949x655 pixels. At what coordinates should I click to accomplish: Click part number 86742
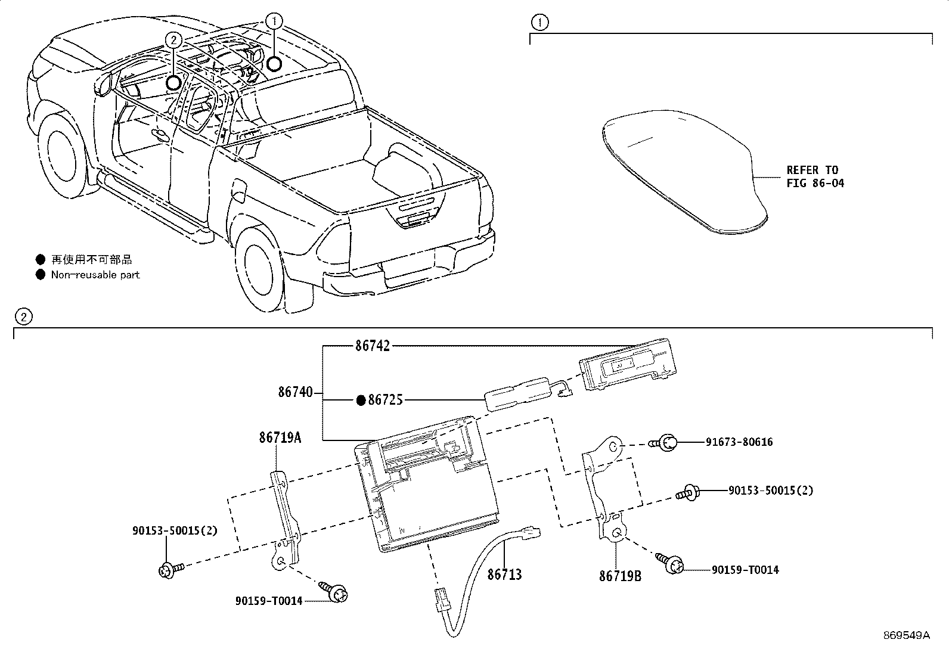point(373,346)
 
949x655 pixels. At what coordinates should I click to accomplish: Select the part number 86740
point(295,392)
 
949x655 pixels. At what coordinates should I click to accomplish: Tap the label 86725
point(385,401)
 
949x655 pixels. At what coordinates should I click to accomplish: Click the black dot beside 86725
point(361,401)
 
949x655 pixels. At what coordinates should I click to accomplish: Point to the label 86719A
point(280,438)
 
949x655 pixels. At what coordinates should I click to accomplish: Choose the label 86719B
point(621,576)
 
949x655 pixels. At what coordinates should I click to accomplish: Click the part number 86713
point(504,575)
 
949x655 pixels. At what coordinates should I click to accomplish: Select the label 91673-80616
point(739,442)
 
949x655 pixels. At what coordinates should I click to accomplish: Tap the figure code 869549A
point(906,635)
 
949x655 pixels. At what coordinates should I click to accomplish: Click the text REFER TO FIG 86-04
point(815,177)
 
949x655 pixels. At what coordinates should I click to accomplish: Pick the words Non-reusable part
point(95,275)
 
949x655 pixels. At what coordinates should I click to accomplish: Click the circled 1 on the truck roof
point(274,22)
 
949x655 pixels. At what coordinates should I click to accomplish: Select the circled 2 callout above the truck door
point(173,40)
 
